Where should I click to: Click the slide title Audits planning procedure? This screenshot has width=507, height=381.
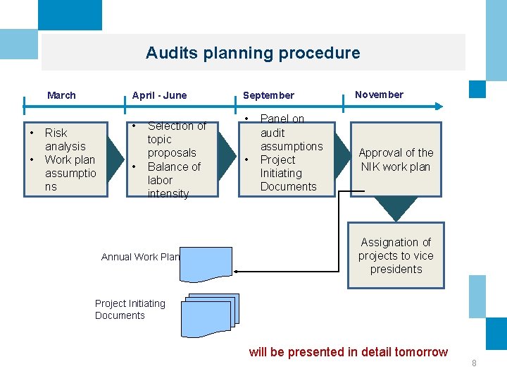pos(252,53)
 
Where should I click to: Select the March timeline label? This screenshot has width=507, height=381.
pos(61,95)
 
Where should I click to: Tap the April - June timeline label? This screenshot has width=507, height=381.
pos(160,95)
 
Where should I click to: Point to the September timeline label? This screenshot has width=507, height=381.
pos(268,95)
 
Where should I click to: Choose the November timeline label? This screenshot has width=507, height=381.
pos(379,95)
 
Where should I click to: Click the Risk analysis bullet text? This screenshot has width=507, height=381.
pos(65,140)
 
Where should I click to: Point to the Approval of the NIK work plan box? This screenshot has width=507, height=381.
pos(396,159)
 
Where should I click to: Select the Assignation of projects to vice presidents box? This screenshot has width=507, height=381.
pos(396,255)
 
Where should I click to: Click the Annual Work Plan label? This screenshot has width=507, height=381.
pos(140,257)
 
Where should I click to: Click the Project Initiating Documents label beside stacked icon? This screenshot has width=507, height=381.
pos(130,310)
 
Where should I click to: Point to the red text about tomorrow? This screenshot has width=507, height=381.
pos(348,352)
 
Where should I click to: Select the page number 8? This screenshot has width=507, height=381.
pos(474,363)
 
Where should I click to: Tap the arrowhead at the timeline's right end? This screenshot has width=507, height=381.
pos(439,107)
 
